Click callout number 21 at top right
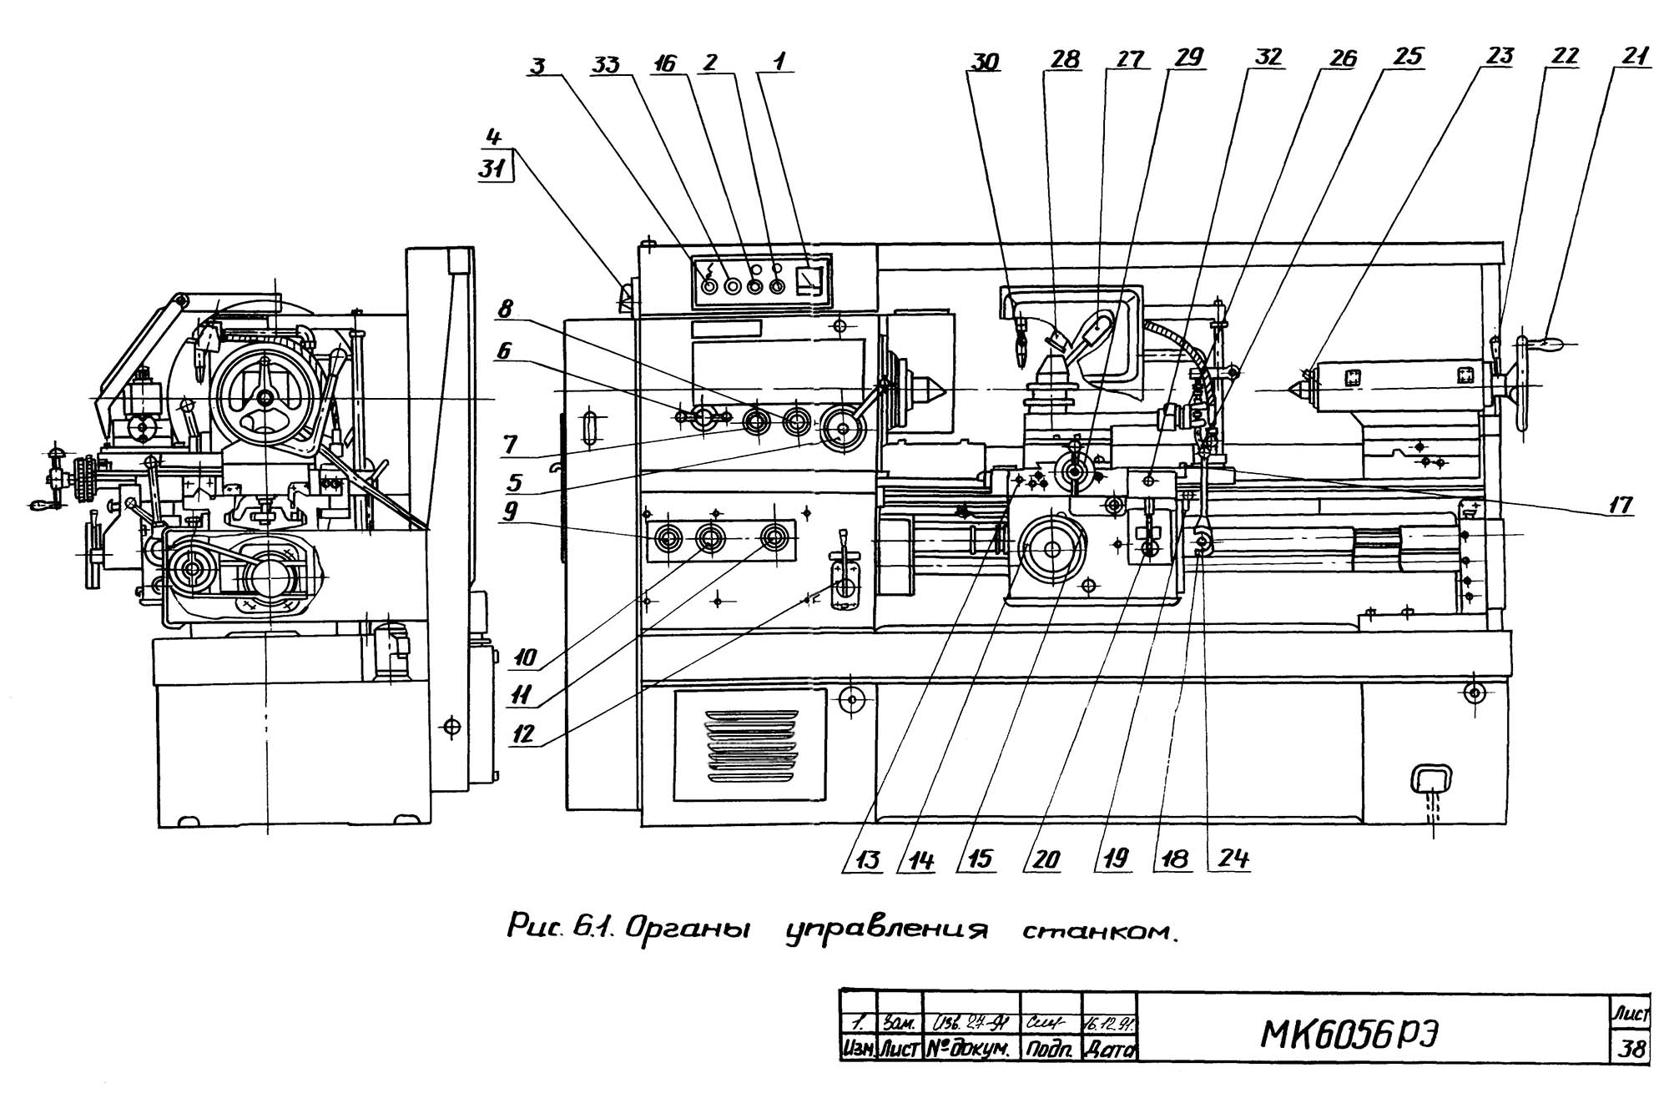(x=1634, y=57)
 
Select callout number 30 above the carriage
(x=986, y=62)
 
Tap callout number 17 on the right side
(x=1621, y=504)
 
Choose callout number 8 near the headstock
(x=505, y=310)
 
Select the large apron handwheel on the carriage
(x=1051, y=549)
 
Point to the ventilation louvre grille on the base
(x=751, y=745)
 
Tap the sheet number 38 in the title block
(x=1630, y=1049)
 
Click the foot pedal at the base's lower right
(x=1432, y=781)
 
